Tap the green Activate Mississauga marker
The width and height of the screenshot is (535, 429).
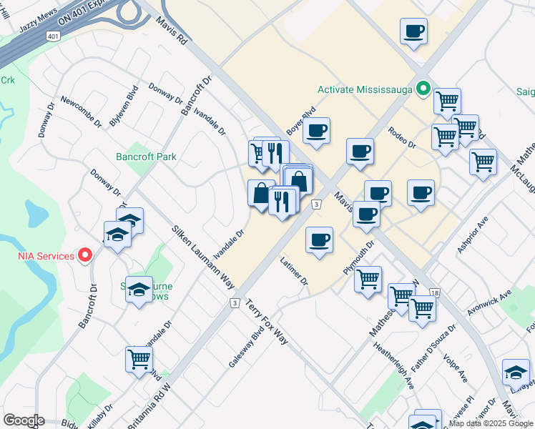coord(423,90)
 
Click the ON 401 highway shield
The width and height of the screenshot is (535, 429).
coord(54,35)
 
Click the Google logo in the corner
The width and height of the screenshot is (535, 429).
coord(24,420)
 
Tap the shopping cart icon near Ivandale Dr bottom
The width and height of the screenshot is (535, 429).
coord(139,359)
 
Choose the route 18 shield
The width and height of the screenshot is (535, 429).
coord(435,292)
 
